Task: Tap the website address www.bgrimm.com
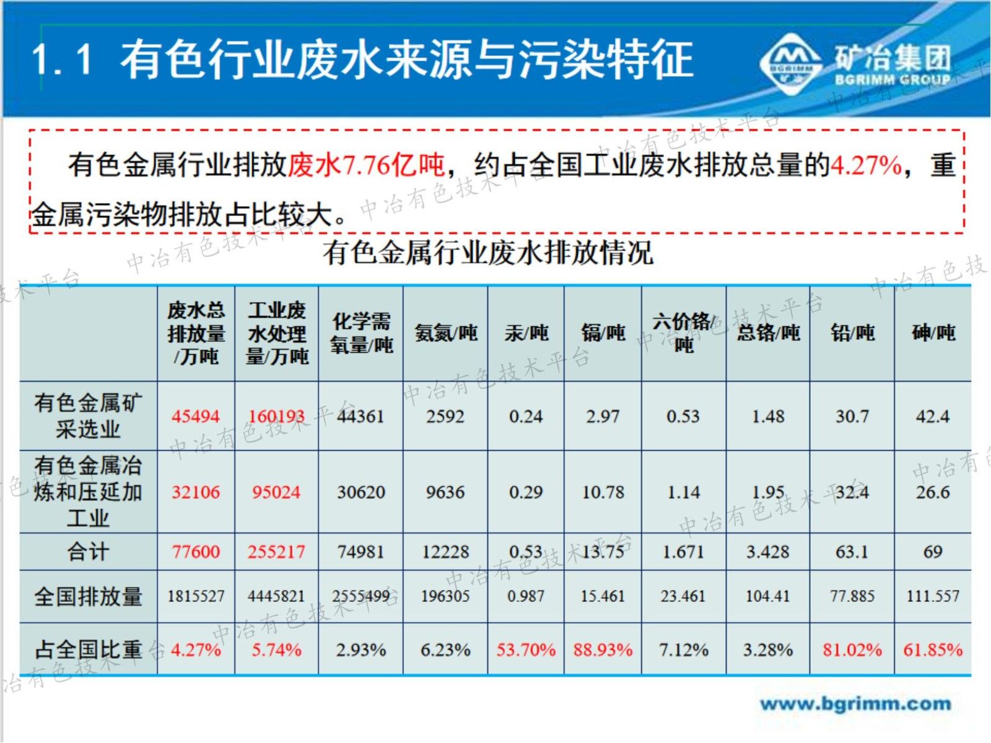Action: (855, 704)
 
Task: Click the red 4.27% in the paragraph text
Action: (866, 165)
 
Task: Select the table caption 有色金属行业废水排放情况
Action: (487, 253)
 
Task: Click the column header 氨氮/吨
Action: (445, 333)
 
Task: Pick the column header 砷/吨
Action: (933, 333)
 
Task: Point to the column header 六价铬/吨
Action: (683, 333)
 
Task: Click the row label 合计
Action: (88, 552)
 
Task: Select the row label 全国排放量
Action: (88, 596)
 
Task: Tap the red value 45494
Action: (196, 416)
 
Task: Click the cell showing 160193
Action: (276, 416)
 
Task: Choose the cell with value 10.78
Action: (603, 492)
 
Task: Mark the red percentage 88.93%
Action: (603, 650)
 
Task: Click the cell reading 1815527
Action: (196, 596)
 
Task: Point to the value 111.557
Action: (933, 596)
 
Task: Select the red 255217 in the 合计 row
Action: (276, 552)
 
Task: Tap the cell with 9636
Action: (445, 492)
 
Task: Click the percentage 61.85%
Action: (933, 650)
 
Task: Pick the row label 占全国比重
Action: (88, 650)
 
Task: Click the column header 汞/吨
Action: (526, 333)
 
